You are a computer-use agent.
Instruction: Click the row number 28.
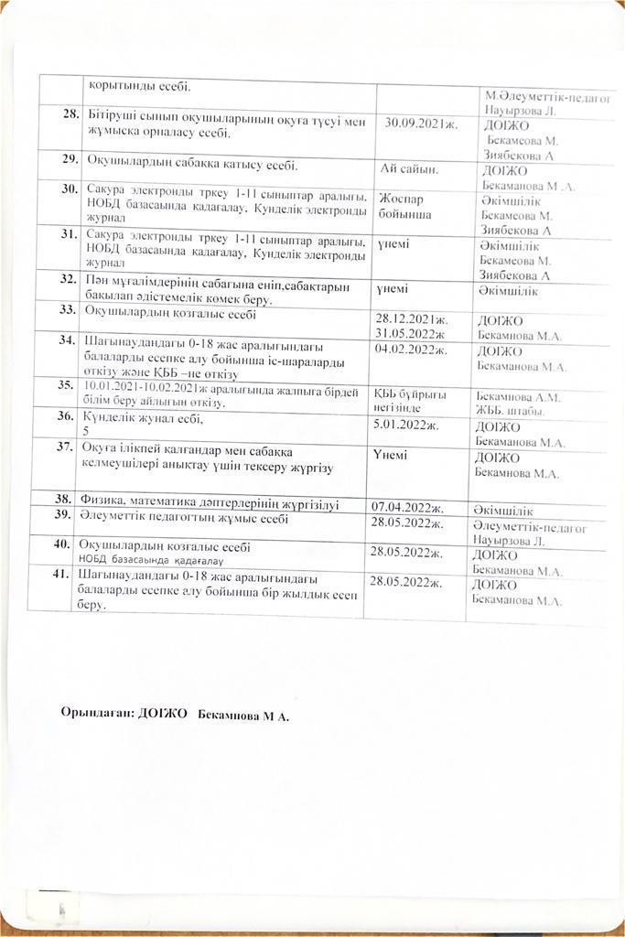coord(69,113)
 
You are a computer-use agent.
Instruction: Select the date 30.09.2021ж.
coord(422,122)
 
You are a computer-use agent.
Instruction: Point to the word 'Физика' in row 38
coord(102,502)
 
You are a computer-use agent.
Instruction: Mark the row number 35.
coord(66,385)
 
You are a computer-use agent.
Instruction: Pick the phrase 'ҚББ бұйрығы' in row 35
coord(409,393)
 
